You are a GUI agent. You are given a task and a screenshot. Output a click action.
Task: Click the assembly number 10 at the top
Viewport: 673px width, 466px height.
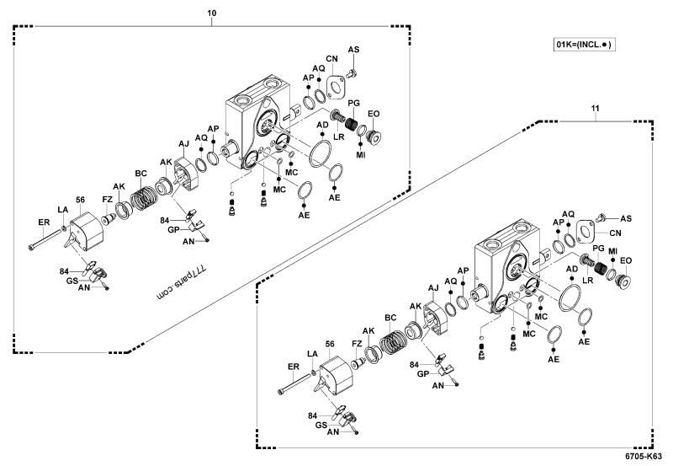(x=211, y=14)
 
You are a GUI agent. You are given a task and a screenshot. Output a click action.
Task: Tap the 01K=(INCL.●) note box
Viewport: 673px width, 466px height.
(x=580, y=43)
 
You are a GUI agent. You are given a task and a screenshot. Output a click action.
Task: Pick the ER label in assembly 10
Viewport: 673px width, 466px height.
(x=44, y=222)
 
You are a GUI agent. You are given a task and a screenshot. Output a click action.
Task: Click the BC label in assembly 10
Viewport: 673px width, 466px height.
(x=142, y=172)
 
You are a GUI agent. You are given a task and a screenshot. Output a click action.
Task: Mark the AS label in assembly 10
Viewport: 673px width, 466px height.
(x=353, y=51)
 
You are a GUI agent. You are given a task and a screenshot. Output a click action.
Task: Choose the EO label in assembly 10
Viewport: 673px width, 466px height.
(x=375, y=113)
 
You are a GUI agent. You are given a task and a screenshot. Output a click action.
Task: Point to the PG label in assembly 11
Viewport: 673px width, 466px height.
(x=598, y=249)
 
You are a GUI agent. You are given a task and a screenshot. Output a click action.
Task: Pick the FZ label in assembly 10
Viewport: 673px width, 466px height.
(x=108, y=199)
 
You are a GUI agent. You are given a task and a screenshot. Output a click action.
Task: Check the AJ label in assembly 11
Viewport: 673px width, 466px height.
(x=433, y=288)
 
